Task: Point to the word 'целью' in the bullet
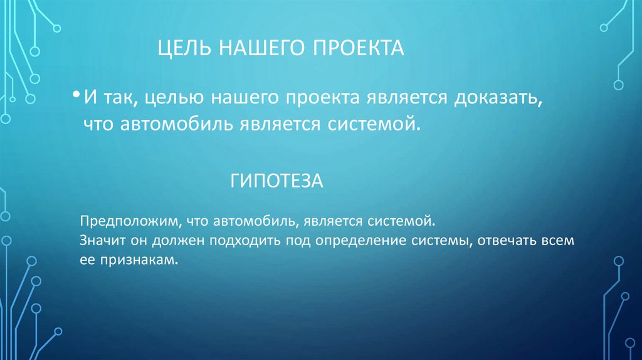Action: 180,98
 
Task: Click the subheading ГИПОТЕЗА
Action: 276,182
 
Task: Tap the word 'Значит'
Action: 100,241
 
